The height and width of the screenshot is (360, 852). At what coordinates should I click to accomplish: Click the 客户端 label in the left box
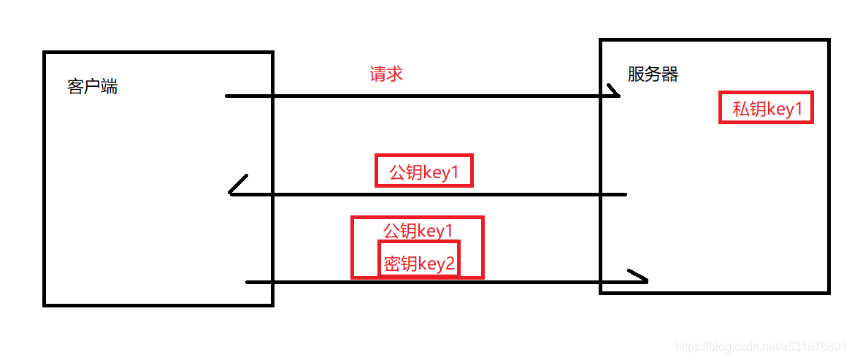point(92,87)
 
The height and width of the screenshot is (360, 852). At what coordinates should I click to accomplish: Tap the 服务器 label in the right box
point(653,74)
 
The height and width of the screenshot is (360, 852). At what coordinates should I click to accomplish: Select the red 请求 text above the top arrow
point(386,74)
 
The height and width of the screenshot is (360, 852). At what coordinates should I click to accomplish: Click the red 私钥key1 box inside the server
point(766,109)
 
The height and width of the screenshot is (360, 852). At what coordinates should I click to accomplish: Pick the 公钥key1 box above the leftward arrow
point(423,171)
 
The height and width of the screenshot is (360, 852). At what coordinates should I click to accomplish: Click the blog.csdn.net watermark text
point(759,345)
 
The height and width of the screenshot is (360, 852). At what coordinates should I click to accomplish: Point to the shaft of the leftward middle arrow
point(431,194)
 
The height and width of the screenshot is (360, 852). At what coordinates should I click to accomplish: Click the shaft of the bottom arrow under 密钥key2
point(438,282)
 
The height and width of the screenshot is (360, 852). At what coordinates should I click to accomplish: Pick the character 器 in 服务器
point(669,74)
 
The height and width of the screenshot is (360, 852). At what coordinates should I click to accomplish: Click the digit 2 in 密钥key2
point(450,263)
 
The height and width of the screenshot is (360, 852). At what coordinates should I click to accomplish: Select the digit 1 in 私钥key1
point(797,110)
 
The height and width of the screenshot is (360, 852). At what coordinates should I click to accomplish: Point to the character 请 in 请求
point(377,74)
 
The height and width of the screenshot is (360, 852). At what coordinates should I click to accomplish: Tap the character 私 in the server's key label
point(740,110)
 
